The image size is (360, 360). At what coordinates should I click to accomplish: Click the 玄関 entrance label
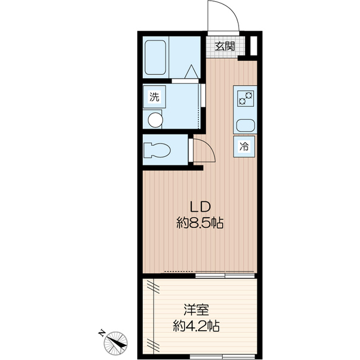[x=225, y=46]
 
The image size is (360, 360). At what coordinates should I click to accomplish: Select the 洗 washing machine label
[x=154, y=97]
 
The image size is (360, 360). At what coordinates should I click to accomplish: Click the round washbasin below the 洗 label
[x=154, y=119]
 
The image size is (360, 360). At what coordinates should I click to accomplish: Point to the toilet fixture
[x=157, y=151]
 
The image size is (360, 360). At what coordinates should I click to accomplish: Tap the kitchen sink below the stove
[x=246, y=126]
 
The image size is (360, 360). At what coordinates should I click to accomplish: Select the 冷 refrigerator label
[x=245, y=147]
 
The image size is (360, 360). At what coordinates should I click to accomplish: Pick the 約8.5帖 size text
[x=200, y=223]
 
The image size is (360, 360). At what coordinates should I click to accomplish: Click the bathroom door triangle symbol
[x=191, y=71]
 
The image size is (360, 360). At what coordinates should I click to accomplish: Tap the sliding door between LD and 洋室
[x=225, y=276]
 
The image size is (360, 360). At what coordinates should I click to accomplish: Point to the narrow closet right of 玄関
[x=254, y=45]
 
